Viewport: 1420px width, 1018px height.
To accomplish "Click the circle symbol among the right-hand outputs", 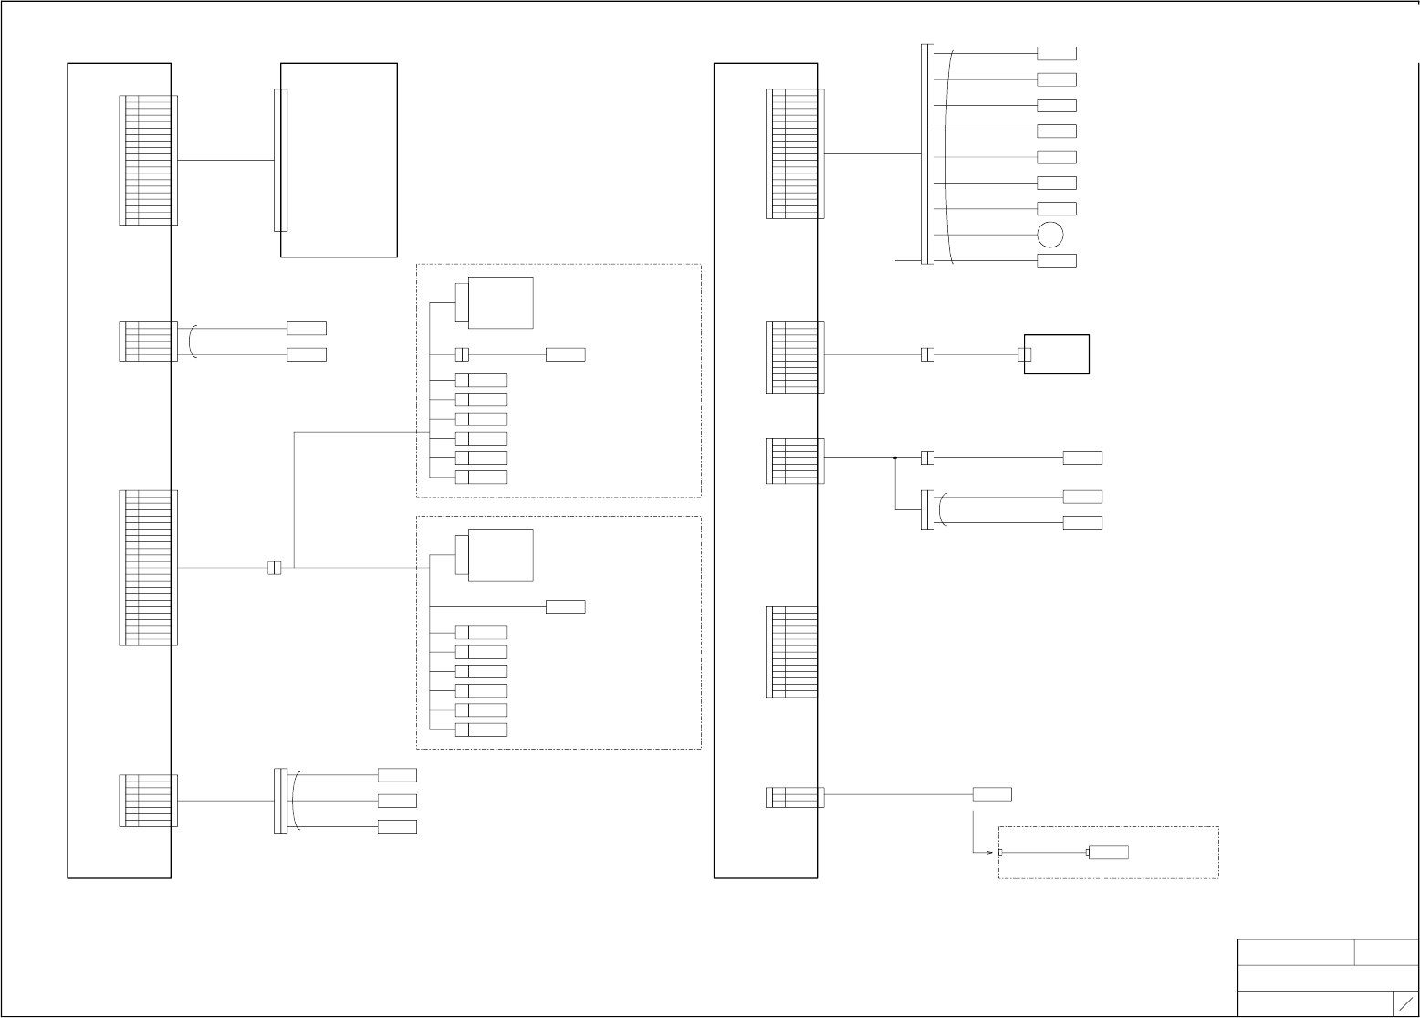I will click(x=1049, y=235).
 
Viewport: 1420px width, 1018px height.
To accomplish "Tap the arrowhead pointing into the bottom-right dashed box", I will click(x=988, y=853).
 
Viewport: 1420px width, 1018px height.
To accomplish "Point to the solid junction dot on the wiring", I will click(x=895, y=457).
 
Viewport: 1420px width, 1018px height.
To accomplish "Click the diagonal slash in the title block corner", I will click(x=1406, y=1003).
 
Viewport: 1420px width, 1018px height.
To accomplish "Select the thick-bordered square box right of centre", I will click(x=1056, y=354).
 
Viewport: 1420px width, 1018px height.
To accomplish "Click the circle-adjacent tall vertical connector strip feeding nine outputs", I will click(x=927, y=153).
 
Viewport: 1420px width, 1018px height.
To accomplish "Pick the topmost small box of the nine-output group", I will click(x=1056, y=54).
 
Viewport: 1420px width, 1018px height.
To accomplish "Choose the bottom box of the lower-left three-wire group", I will click(x=397, y=826).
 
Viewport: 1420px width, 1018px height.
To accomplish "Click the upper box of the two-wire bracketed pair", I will click(x=306, y=328).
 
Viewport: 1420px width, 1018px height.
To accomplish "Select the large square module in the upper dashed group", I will click(x=500, y=302).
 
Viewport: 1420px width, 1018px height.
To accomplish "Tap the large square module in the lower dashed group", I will click(x=500, y=554).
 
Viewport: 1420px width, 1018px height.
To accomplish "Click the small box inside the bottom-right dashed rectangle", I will click(x=1108, y=853).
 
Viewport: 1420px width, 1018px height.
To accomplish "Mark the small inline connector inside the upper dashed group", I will click(x=462, y=354).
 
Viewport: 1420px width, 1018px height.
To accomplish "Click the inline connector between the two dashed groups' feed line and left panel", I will click(x=274, y=568).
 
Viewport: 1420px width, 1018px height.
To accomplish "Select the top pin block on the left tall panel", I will click(x=148, y=160).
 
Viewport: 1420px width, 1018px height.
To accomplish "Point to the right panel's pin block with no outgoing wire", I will click(x=792, y=651).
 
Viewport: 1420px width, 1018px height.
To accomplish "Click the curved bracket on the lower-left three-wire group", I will click(x=295, y=801).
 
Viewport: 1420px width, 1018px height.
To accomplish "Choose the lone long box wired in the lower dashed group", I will click(x=565, y=606).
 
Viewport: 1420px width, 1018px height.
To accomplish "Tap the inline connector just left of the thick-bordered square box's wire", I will click(x=927, y=354).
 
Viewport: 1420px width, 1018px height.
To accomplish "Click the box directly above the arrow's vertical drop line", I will click(x=991, y=794).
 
